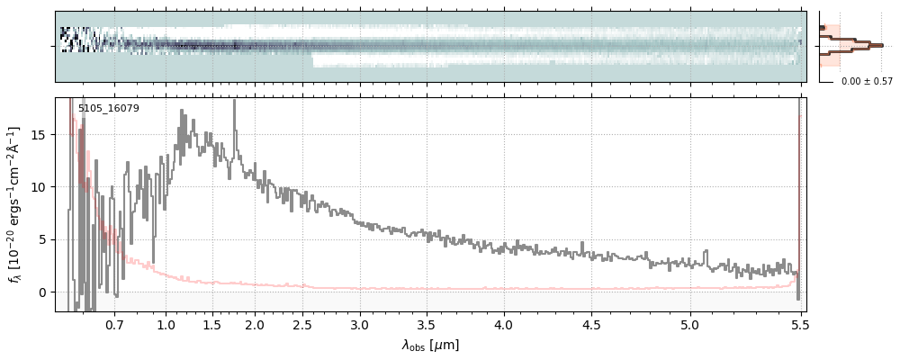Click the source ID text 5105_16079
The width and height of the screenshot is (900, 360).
(x=108, y=109)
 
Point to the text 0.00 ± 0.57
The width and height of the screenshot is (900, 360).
(x=867, y=82)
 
